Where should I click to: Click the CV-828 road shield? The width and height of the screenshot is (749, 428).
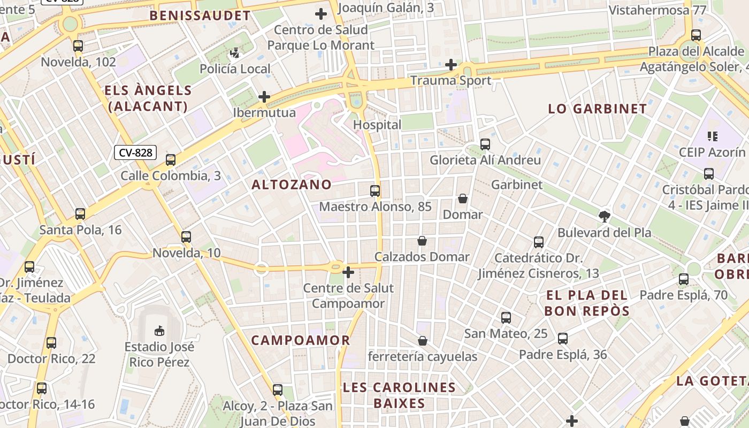coord(135,152)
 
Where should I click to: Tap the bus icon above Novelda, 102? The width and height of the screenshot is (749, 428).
coord(78,46)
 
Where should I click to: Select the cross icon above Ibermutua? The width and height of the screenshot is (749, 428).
coord(264,97)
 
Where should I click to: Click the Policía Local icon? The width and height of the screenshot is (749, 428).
coord(235,53)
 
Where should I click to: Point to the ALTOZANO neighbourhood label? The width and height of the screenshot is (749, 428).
coord(292,185)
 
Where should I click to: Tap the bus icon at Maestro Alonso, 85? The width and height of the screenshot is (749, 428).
coord(375,190)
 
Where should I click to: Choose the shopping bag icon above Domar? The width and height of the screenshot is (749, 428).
coord(463,198)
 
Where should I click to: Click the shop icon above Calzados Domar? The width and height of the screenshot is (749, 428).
coord(422,241)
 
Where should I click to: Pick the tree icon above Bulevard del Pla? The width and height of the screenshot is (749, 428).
coord(605,217)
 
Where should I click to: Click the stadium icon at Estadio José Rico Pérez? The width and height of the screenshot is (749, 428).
coord(159,331)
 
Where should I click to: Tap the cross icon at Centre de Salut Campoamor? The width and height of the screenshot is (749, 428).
coord(348,272)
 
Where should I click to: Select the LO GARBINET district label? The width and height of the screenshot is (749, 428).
coord(598,109)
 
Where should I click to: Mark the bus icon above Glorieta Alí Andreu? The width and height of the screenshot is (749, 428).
coord(485,144)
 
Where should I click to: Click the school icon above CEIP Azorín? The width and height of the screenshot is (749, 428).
coord(712,136)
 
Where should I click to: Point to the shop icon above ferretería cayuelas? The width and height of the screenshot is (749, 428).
coord(422,341)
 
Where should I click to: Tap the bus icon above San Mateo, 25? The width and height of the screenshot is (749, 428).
coord(506,318)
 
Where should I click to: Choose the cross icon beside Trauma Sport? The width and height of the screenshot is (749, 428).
coord(451,65)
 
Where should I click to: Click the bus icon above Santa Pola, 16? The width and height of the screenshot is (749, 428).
coord(80,214)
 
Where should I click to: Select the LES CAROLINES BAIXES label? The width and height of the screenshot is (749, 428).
coord(399,395)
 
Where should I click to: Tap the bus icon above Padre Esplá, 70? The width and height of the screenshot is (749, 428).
coord(684,279)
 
